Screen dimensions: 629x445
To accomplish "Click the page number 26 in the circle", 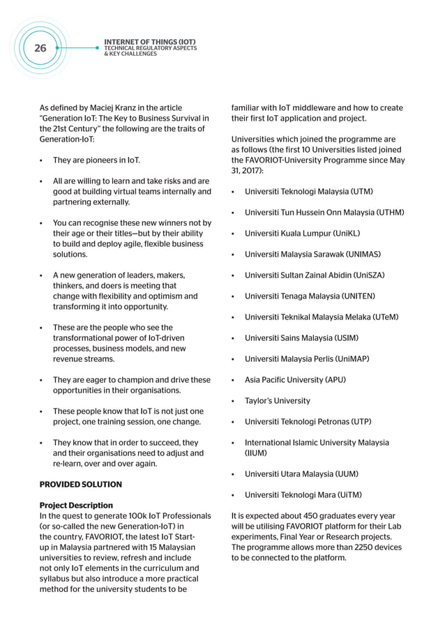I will (x=40, y=48).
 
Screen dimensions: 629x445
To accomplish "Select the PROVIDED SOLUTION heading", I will (x=80, y=484).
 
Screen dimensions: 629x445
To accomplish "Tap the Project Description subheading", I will (x=76, y=505).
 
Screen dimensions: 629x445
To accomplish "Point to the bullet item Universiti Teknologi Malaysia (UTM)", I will (x=308, y=191).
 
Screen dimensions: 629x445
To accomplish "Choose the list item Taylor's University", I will (x=277, y=401).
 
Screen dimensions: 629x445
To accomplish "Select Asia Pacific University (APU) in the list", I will (x=294, y=380).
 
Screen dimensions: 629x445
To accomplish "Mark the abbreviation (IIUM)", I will (x=256, y=453).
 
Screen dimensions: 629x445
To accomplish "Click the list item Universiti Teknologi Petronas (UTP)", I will (x=308, y=422).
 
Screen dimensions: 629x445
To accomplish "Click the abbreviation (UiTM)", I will (x=348, y=495).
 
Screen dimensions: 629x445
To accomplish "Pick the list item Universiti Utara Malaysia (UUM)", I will (x=301, y=474).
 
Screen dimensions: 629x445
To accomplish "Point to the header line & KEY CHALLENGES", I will (x=130, y=54).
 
